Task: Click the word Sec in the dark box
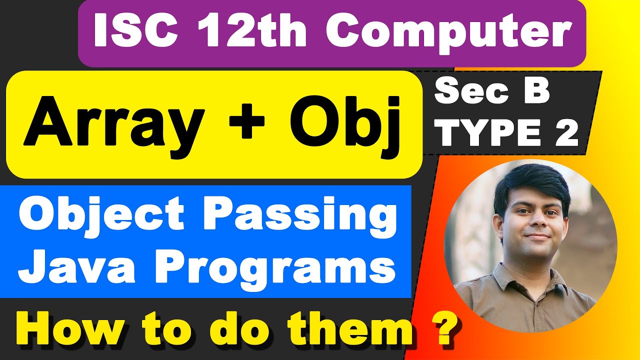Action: click(x=467, y=93)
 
